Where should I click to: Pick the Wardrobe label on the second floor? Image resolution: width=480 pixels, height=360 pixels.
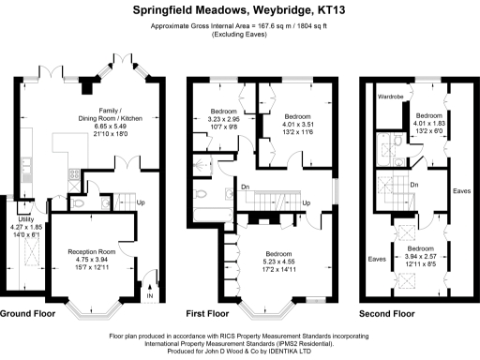(x=391, y=97)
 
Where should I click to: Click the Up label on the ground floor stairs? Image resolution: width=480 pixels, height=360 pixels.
(x=141, y=202)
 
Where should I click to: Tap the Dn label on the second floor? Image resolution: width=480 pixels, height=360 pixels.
(x=413, y=185)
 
